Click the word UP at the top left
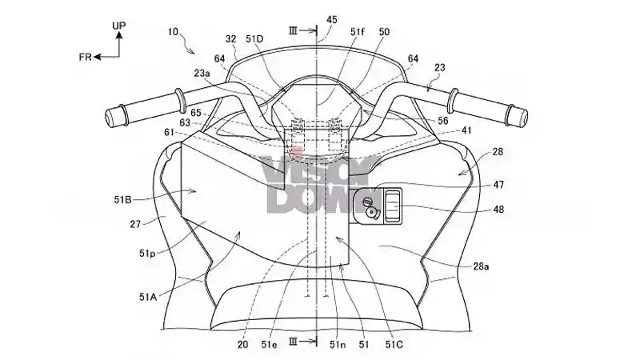[x=118, y=26]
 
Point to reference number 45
[x=331, y=20]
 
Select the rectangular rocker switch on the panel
[x=392, y=206]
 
